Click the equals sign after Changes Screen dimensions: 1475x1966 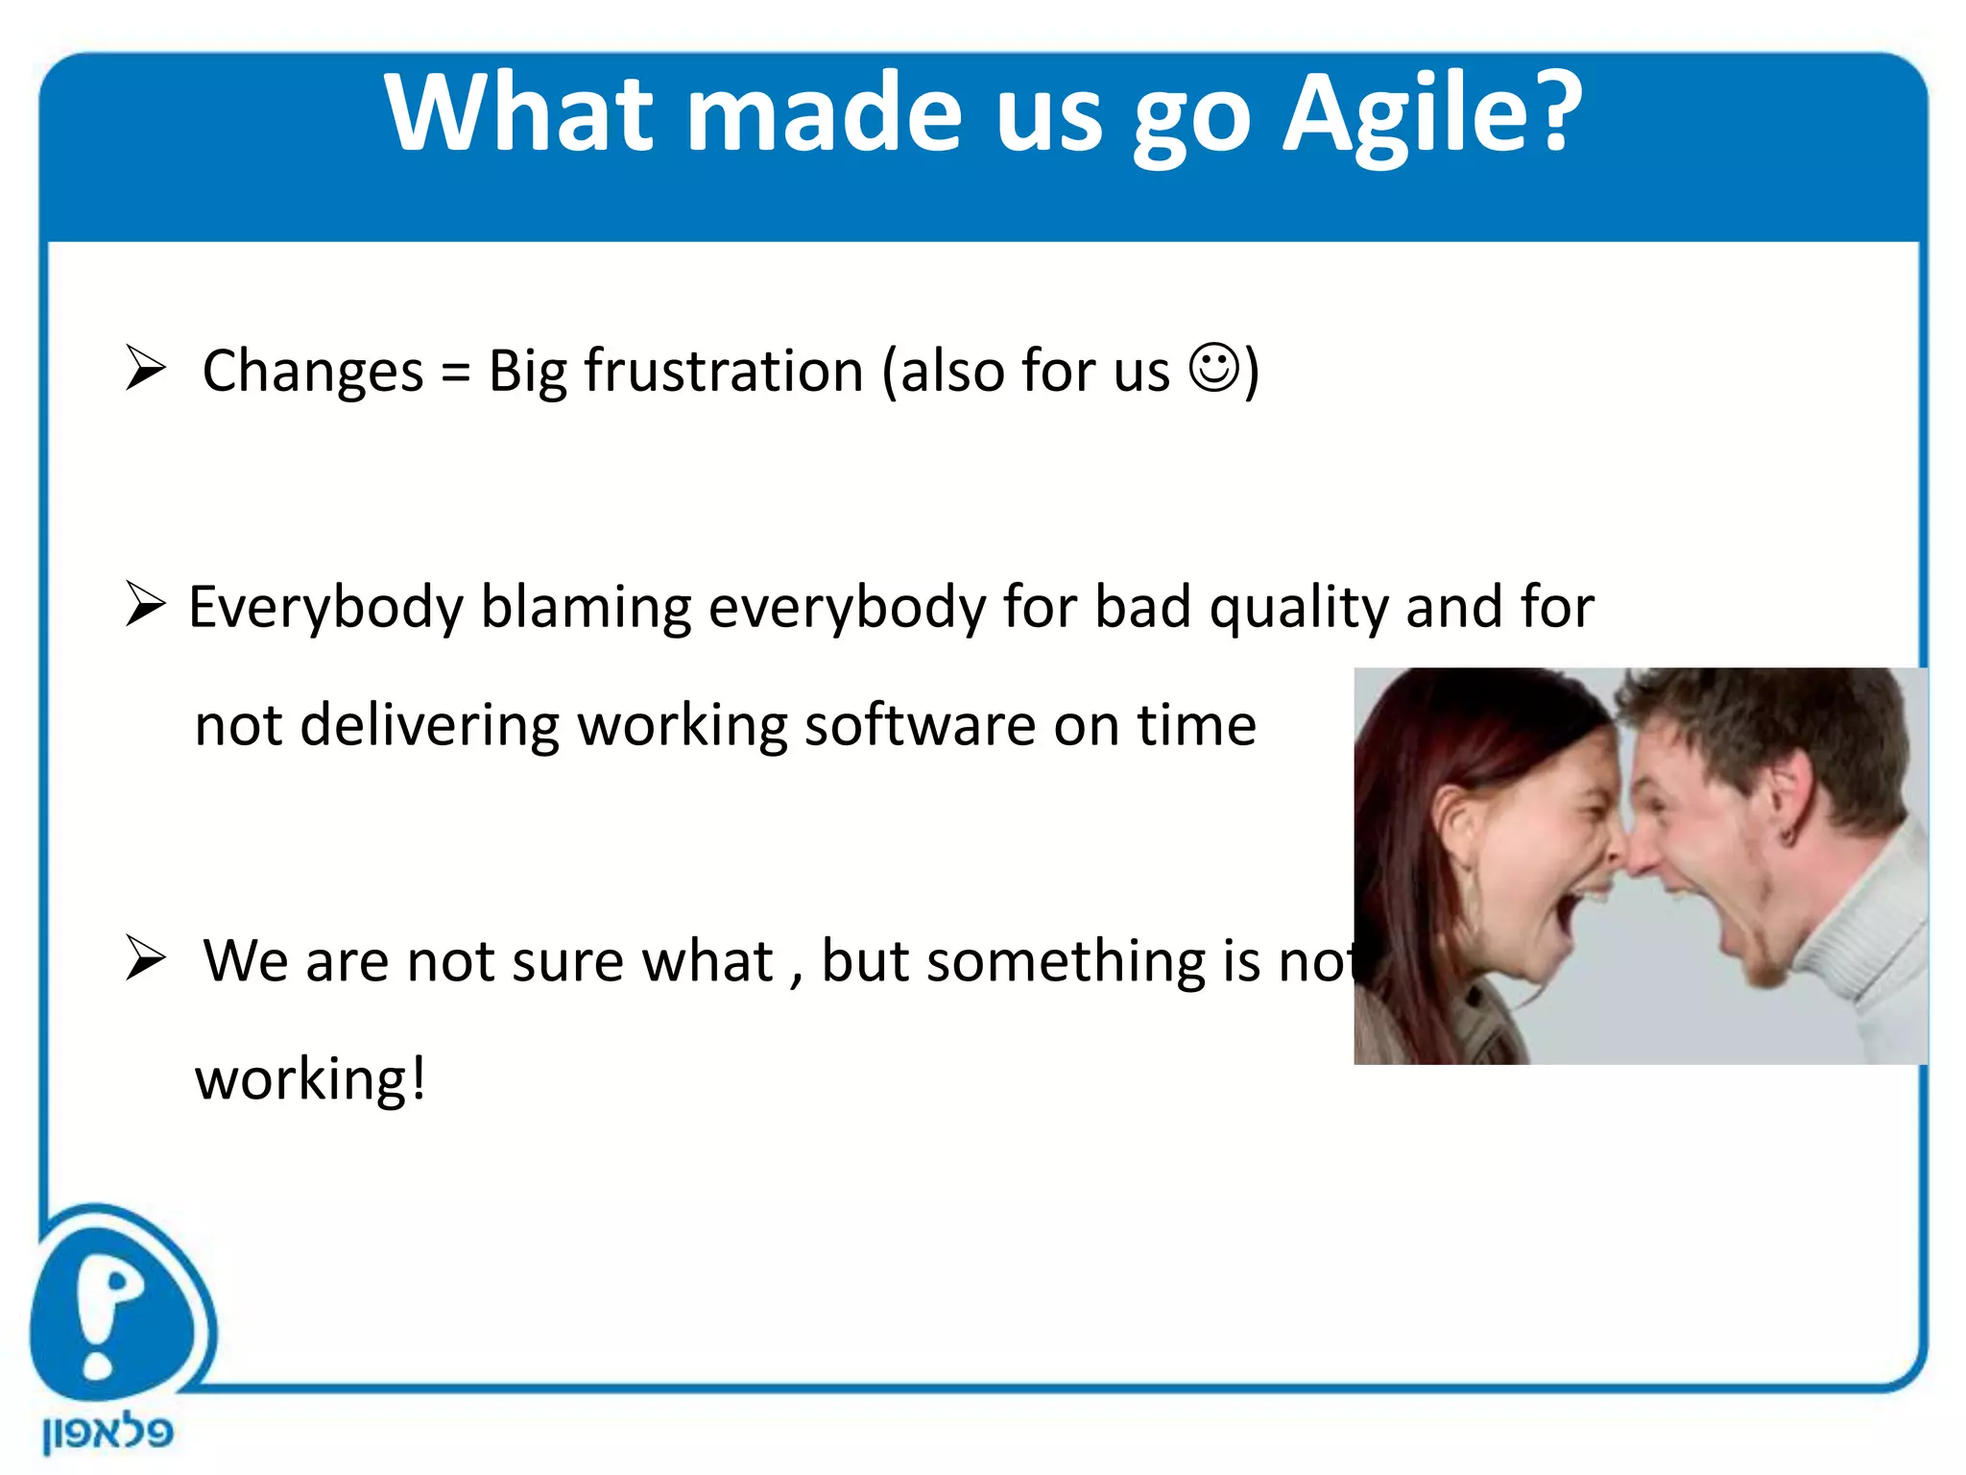coord(456,373)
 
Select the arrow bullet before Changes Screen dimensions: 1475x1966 coord(146,369)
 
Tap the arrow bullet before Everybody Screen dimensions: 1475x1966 coord(146,605)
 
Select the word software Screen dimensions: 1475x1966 coord(920,725)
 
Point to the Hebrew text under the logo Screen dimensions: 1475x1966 coord(108,1434)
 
